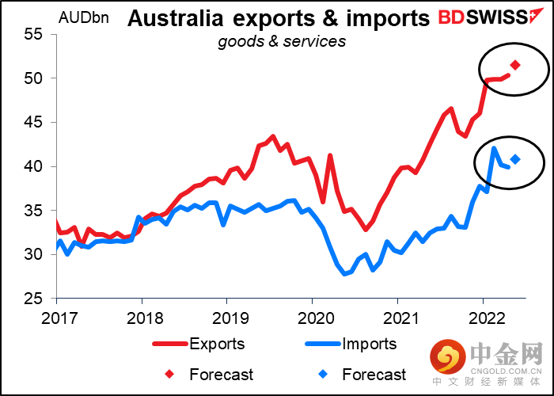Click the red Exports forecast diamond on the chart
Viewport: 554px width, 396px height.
click(515, 65)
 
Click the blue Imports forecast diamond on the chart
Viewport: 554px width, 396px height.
click(515, 159)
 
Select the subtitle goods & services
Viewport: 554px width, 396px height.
click(282, 41)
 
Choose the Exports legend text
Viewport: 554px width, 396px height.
click(217, 344)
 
